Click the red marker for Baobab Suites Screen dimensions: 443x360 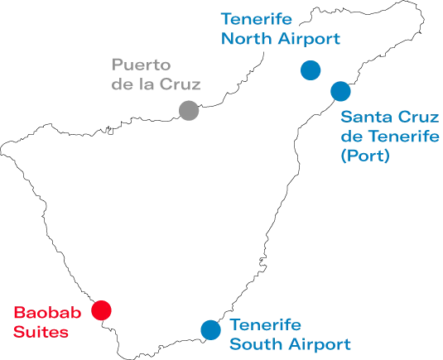101,310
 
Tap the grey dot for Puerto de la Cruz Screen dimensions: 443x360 189,110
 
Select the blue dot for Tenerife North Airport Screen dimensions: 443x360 311,70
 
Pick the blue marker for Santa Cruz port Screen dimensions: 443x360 340,91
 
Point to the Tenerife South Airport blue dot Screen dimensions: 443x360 211,329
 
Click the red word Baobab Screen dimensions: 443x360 47,313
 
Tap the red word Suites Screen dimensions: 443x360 41,332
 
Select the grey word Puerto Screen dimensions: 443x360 142,65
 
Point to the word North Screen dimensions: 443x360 247,38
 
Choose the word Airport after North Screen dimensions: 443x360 309,39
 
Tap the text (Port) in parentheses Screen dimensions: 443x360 365,156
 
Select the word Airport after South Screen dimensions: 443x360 320,344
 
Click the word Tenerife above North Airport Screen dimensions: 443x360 257,19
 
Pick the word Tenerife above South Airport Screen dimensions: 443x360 265,324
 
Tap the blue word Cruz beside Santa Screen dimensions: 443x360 415,117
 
